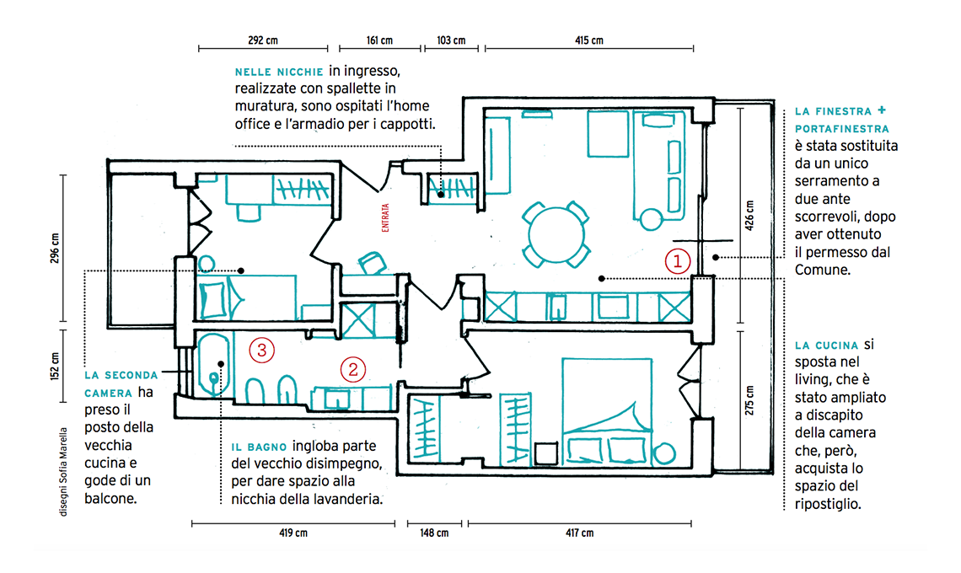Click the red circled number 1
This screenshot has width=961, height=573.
[x=678, y=262]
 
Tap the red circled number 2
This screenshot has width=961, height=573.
[x=353, y=370]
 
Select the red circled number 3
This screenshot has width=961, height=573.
[x=261, y=350]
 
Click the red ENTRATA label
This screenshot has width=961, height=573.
[x=385, y=217]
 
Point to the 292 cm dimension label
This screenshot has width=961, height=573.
[x=263, y=40]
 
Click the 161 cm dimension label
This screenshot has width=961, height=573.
[x=380, y=40]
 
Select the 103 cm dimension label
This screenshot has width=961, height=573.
[x=451, y=40]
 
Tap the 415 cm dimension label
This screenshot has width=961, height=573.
[x=589, y=40]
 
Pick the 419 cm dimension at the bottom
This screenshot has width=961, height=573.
[x=293, y=533]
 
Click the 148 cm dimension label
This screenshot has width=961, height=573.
[x=434, y=533]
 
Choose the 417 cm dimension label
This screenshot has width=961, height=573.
[x=579, y=533]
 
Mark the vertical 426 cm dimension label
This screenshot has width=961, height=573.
[x=749, y=215]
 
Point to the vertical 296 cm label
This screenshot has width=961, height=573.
[x=55, y=248]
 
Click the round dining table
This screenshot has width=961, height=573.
[x=556, y=235]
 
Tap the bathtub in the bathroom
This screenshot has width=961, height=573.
[x=213, y=365]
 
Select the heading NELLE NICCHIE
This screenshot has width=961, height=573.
[x=279, y=72]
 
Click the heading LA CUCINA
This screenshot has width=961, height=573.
[x=827, y=345]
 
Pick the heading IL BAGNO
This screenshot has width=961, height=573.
[x=259, y=447]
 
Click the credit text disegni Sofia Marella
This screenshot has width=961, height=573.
[x=64, y=472]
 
